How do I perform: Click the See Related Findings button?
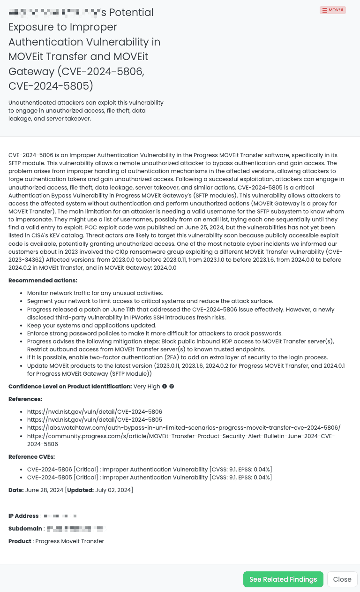point(283,579)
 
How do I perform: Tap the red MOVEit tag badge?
point(333,10)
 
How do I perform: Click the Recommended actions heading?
point(43,281)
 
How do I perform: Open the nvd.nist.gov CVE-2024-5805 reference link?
point(95,420)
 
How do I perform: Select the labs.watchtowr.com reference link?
point(184,428)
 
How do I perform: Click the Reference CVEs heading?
point(31,457)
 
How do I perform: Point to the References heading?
point(25,399)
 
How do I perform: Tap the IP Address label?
point(23,516)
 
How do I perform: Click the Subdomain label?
point(25,529)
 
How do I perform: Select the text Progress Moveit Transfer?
point(69,541)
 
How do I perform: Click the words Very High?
point(147,387)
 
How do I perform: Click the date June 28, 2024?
point(44,490)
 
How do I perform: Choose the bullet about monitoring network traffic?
point(95,293)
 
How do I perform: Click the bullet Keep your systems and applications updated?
point(92,326)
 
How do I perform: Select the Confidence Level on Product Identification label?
point(70,387)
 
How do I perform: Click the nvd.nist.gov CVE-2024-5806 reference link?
point(95,412)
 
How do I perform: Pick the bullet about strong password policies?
point(155,334)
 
